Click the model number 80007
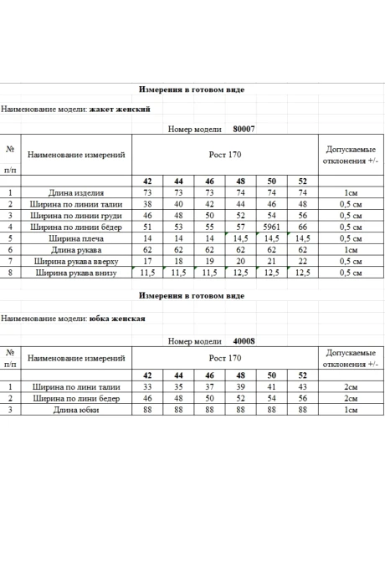point(243,130)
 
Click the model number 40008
point(243,341)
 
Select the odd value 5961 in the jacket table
point(271,227)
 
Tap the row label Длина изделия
point(76,192)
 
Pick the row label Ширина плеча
point(76,238)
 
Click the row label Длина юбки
point(76,411)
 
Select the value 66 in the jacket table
point(302,227)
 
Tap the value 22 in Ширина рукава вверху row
point(302,261)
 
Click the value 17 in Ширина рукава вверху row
point(147,261)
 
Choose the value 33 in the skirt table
point(147,387)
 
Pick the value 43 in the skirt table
point(302,387)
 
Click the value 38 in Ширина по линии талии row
point(147,204)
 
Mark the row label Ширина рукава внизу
point(76,273)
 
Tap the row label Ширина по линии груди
point(76,215)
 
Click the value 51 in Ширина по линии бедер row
point(147,227)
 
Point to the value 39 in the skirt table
point(240,387)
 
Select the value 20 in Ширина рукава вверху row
point(240,261)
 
